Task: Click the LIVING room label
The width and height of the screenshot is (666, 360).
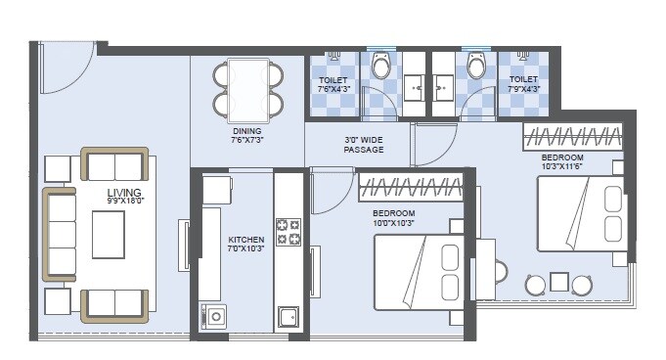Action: click(x=125, y=192)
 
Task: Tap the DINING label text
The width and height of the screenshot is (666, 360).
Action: click(x=246, y=129)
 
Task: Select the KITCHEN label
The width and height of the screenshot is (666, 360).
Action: click(x=246, y=239)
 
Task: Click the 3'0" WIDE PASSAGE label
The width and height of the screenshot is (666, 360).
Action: click(x=364, y=145)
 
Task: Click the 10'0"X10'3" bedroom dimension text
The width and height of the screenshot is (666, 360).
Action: click(x=394, y=224)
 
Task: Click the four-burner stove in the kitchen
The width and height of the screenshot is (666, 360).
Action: click(x=289, y=231)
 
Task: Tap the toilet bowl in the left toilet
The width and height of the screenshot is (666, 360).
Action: click(x=380, y=66)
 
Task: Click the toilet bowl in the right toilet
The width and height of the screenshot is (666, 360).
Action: click(x=476, y=66)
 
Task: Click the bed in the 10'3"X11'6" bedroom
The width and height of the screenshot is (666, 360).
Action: click(x=581, y=213)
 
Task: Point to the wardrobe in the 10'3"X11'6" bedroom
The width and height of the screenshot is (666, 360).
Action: click(x=573, y=136)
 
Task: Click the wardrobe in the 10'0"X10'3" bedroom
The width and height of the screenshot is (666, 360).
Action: click(x=411, y=188)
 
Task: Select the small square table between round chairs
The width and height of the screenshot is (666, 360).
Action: click(x=558, y=282)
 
